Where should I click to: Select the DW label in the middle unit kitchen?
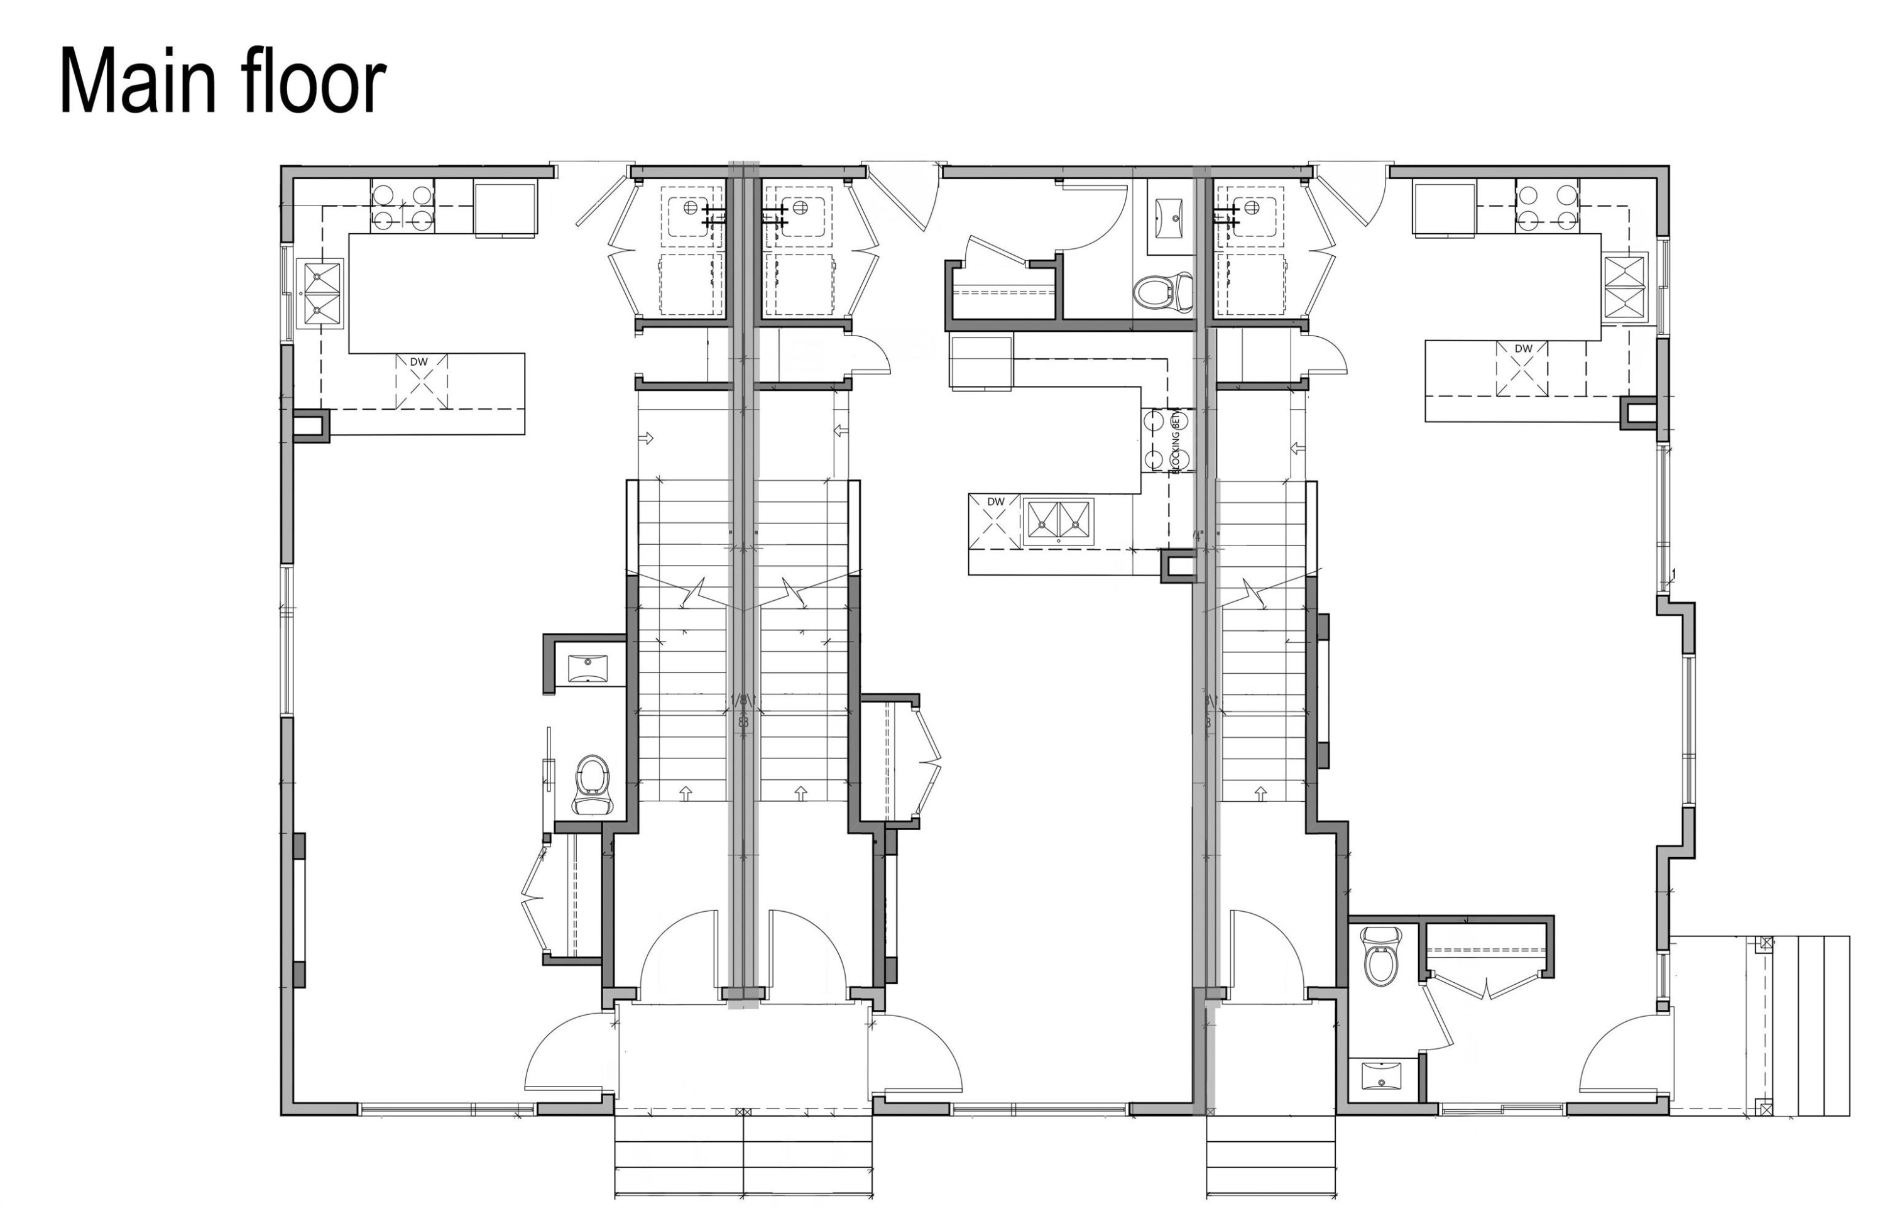click(x=995, y=501)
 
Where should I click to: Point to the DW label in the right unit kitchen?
click(x=1522, y=349)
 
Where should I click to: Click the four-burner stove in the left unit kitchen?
click(x=403, y=207)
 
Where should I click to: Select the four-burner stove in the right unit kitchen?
click(x=1546, y=206)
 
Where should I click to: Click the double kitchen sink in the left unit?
click(x=320, y=293)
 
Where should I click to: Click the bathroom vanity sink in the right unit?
click(x=1381, y=1077)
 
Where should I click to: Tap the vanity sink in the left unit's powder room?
click(x=588, y=668)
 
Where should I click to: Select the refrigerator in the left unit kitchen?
click(x=505, y=209)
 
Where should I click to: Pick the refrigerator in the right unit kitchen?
click(x=1444, y=209)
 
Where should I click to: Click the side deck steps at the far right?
click(x=1823, y=1026)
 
